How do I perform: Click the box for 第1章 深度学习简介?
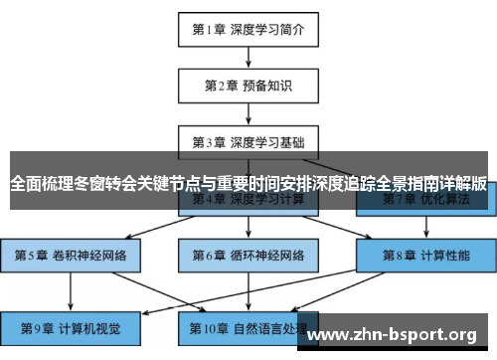pyautogui.click(x=248, y=29)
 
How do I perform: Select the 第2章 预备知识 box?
pyautogui.click(x=248, y=85)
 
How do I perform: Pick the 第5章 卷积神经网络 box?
pyautogui.click(x=71, y=255)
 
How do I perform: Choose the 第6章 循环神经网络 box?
pyautogui.click(x=248, y=255)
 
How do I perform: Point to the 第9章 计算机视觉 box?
pyautogui.click(x=71, y=326)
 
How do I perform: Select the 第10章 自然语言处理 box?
pyautogui.click(x=248, y=326)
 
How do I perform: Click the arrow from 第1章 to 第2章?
pyautogui.click(x=248, y=57)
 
